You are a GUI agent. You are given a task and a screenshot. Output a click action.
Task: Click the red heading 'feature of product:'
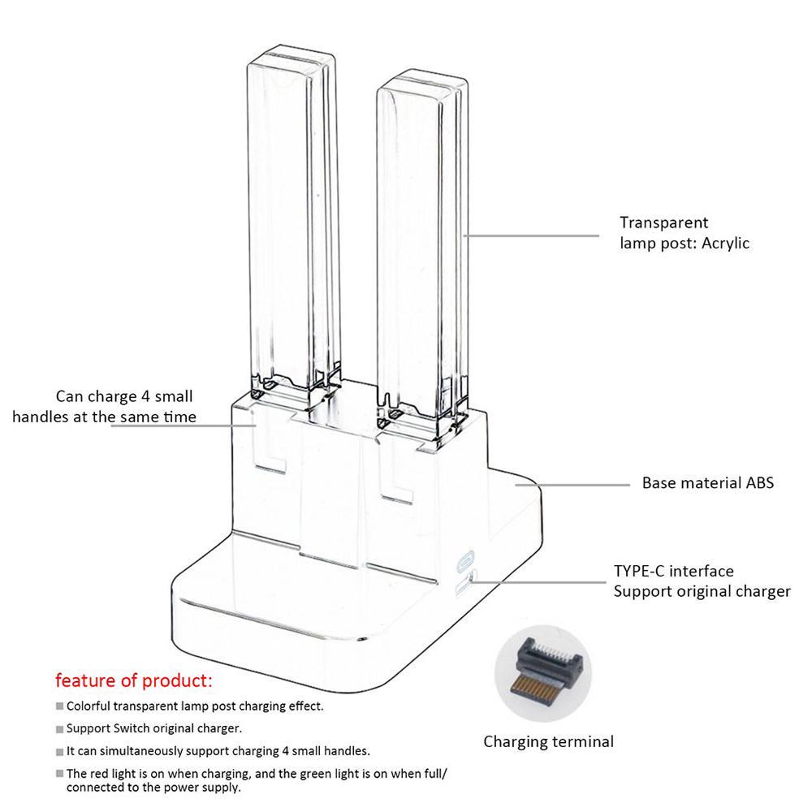(x=133, y=680)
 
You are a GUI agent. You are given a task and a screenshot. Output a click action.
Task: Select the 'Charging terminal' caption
(x=548, y=741)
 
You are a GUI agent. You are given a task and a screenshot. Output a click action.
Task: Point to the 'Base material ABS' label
(x=707, y=483)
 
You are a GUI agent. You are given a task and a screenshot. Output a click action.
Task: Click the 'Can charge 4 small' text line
(x=124, y=397)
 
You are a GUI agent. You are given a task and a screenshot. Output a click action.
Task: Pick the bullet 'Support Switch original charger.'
(x=154, y=728)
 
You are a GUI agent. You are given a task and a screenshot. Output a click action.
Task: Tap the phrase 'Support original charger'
(x=702, y=591)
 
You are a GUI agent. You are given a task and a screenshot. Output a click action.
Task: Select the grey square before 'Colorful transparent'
(x=60, y=706)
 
